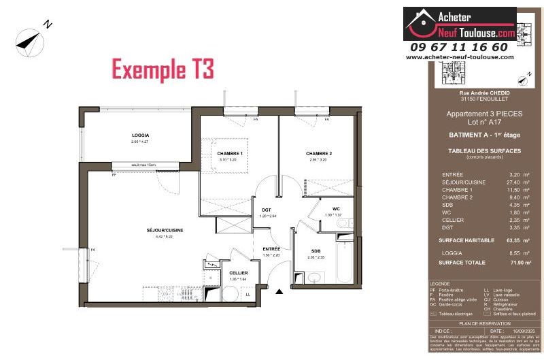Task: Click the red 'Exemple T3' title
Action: [163, 69]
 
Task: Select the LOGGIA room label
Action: [140, 135]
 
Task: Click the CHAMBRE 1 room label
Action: [230, 154]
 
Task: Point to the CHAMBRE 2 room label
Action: [319, 154]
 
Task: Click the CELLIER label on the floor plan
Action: [238, 273]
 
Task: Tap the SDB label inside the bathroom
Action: [316, 250]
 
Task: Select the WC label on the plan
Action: [336, 208]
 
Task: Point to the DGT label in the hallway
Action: [267, 210]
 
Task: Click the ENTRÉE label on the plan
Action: [271, 249]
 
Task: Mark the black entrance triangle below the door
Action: [279, 293]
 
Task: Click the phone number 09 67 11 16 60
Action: [459, 47]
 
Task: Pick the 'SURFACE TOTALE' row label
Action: [461, 262]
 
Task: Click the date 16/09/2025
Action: [514, 330]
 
